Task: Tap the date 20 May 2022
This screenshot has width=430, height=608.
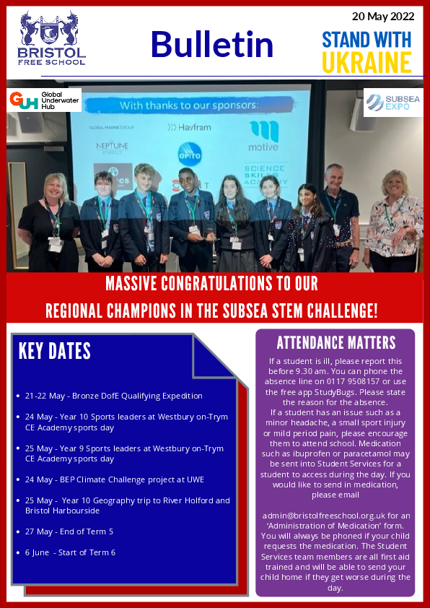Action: pos(383,17)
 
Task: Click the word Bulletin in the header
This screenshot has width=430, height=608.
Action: pos(212,44)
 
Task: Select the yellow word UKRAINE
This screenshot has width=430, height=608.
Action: pos(367,62)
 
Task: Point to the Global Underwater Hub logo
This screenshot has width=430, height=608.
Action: pos(44,100)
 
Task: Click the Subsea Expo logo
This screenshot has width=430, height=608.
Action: pos(392,103)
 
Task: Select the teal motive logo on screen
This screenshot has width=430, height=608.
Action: pos(263,136)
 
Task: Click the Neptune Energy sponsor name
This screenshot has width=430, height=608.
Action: pos(113,148)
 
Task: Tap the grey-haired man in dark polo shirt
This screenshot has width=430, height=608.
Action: pos(340,217)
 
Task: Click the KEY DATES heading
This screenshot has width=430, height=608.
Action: pos(55,352)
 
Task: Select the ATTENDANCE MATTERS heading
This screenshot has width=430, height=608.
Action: pos(336,343)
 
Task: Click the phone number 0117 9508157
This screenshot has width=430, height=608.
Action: pos(348,381)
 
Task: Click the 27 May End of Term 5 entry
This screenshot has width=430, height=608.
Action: pos(69,531)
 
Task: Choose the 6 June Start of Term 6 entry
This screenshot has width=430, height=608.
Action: pos(70,552)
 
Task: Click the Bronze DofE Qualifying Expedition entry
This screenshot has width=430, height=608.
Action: pos(113,396)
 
